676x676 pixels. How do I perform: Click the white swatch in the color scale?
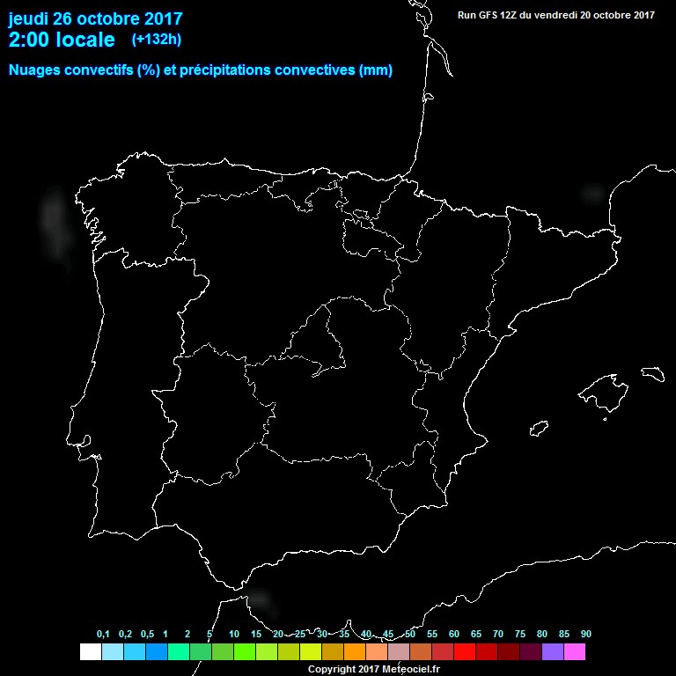(x=90, y=651)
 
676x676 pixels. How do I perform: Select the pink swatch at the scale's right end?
(x=575, y=651)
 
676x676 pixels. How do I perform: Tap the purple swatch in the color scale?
(x=553, y=651)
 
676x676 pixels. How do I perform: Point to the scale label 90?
(x=585, y=634)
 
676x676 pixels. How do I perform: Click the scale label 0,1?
(x=103, y=634)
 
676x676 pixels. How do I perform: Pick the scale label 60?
(x=453, y=634)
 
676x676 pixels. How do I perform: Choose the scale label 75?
(x=520, y=634)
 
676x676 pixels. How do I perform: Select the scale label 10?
(x=233, y=634)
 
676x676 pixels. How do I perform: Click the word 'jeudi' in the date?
(x=29, y=18)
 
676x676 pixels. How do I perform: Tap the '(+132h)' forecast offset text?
(x=157, y=39)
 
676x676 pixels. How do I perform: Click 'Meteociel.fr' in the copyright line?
(x=411, y=669)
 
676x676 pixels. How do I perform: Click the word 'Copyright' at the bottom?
(x=332, y=669)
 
